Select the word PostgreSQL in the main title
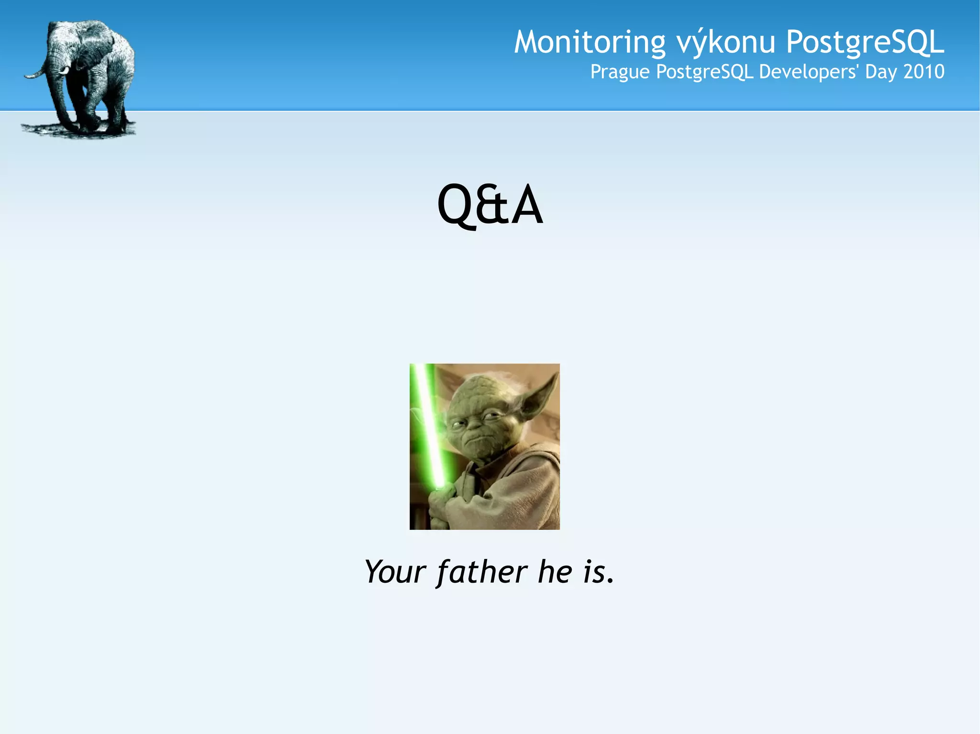coord(865,42)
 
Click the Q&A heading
coord(490,205)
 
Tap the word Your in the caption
coord(395,571)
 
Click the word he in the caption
coord(555,571)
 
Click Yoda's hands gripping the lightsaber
coord(443,502)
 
